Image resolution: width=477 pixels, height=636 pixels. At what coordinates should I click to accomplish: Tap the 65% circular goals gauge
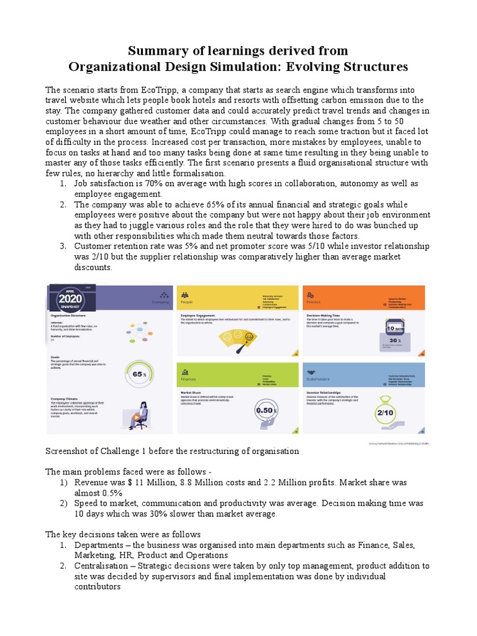[x=139, y=374]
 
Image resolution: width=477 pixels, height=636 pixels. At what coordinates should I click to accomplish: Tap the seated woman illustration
[x=137, y=416]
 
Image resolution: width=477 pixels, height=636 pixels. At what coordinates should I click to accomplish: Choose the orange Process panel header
[x=363, y=299]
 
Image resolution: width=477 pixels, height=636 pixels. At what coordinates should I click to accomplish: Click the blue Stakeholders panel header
[x=363, y=375]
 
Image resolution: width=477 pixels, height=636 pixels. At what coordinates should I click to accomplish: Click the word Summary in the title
[x=153, y=50]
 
